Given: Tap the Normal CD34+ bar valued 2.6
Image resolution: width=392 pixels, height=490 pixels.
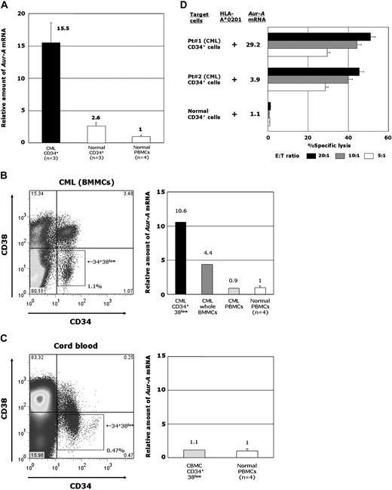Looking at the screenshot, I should coord(95,133).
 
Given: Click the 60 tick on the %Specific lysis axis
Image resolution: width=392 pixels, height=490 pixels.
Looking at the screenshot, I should coord(387,138).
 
